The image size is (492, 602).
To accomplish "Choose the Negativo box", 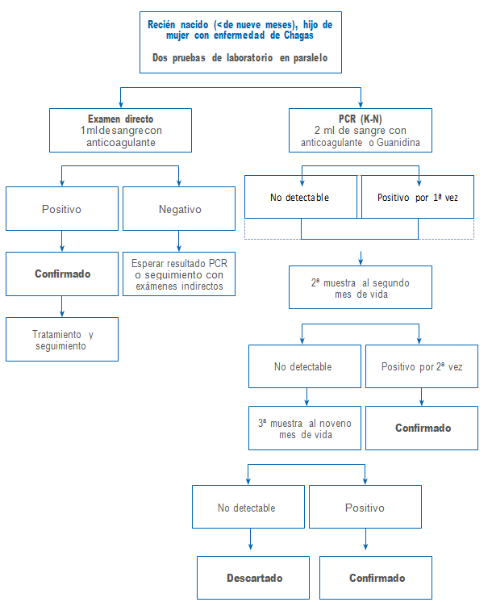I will point(180,209).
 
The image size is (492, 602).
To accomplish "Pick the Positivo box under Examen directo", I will point(62,209).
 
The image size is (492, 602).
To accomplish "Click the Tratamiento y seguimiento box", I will point(62,340).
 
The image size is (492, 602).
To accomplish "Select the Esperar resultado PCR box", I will point(179,274).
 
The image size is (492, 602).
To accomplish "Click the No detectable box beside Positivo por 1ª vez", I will point(300,197).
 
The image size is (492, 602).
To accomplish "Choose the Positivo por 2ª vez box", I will point(422,367).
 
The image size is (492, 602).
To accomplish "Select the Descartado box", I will point(252,578).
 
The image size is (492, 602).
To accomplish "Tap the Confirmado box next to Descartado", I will point(377,578).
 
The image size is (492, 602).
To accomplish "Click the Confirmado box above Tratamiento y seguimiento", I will point(62,274).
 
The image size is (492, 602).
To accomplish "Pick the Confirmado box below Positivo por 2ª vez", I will point(422,428).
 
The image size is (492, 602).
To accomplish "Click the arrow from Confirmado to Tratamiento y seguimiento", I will point(62,307).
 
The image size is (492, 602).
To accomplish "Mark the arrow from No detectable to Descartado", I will point(252,542).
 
